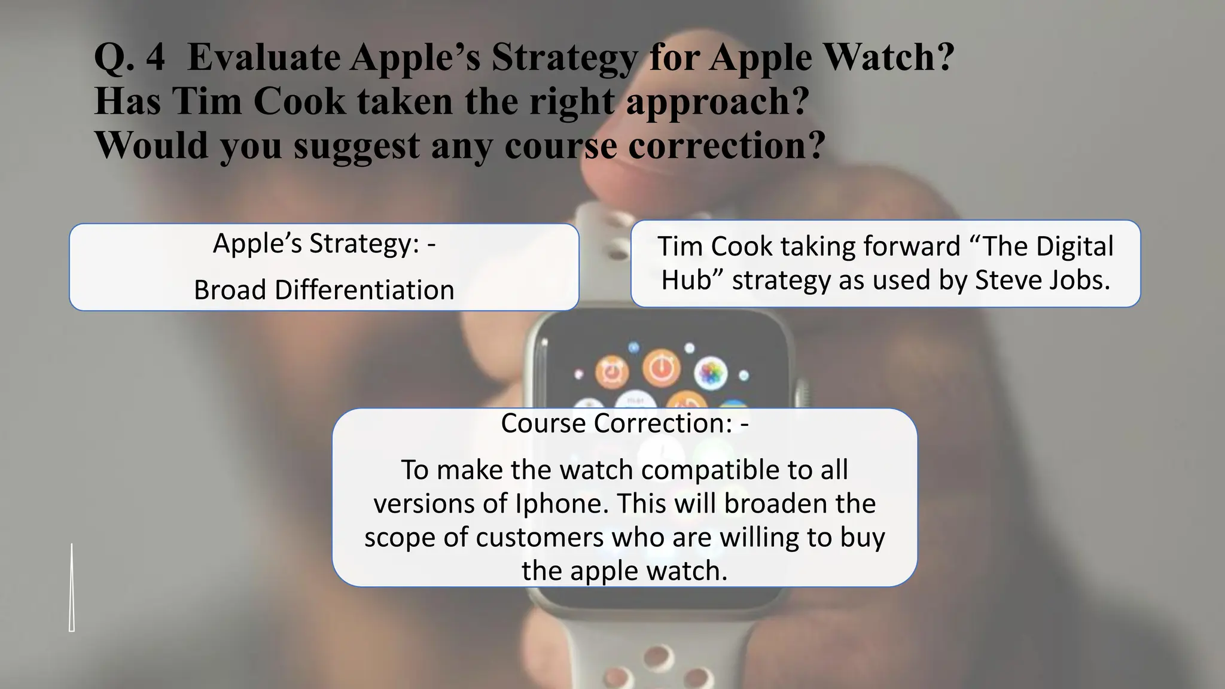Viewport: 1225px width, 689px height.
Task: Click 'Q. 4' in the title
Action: click(x=129, y=59)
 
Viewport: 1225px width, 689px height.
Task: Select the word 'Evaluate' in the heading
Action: click(x=263, y=59)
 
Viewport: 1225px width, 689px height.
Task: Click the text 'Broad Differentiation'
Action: click(x=324, y=290)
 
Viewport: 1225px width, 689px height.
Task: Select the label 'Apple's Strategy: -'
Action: click(x=324, y=243)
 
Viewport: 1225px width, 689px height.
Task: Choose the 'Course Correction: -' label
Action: click(x=624, y=423)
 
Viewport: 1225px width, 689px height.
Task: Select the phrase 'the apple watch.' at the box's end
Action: click(x=624, y=571)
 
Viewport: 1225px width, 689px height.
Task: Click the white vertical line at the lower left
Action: click(x=72, y=586)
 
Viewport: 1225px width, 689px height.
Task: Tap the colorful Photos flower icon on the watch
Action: click(x=711, y=375)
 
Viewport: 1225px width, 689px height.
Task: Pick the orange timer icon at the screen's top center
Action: click(x=661, y=368)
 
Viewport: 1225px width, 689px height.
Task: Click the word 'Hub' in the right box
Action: click(x=685, y=280)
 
